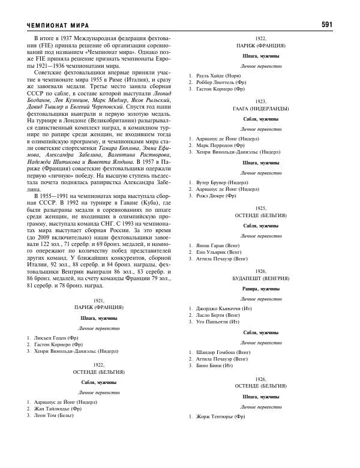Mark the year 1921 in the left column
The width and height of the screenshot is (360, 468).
99,300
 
